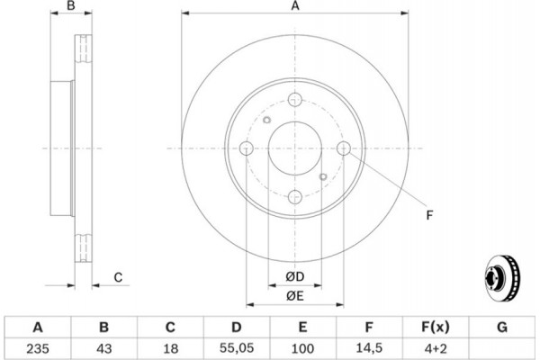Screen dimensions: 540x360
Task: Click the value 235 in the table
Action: pos(38,348)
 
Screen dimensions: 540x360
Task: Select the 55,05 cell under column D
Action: pos(236,348)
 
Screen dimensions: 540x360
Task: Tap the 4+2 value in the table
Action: pos(436,348)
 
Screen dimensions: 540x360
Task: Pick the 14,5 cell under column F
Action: pos(369,348)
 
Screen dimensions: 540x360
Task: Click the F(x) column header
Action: pos(436,327)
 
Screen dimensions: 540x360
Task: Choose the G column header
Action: pos(502,327)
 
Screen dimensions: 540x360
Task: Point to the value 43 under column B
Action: pos(104,348)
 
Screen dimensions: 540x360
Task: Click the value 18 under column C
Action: pos(170,348)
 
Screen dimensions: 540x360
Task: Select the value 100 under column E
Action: pos(302,348)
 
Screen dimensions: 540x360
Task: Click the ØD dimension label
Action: pos(295,276)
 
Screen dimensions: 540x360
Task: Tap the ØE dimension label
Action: pos(295,296)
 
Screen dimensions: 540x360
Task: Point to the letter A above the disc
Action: pos(295,6)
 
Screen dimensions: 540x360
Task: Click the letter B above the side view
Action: pos(71,5)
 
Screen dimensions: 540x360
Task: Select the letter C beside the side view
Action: pos(118,277)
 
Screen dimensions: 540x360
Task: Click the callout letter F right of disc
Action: pos(429,215)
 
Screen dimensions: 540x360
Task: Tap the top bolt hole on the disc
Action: pos(295,100)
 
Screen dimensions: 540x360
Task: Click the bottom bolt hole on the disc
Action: pos(295,197)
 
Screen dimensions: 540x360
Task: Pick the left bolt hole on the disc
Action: pos(247,148)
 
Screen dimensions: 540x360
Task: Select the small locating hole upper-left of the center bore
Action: pos(267,120)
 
